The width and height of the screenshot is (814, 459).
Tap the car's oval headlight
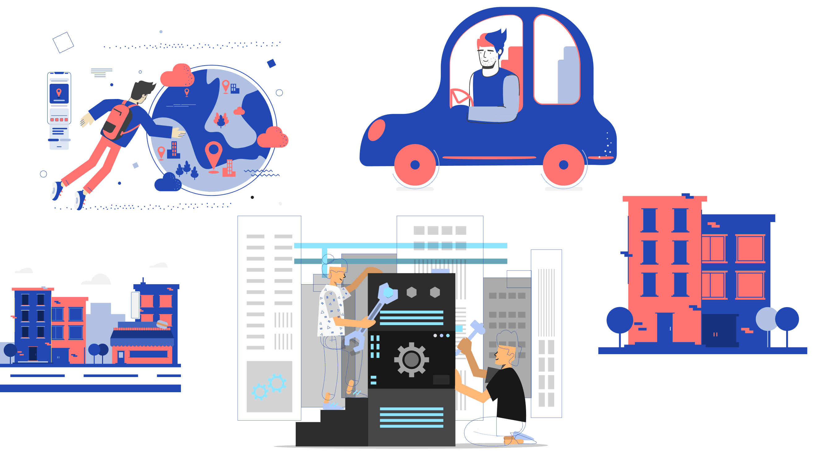376,130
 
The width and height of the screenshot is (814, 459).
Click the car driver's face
488,57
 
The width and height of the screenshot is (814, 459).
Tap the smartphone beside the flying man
59,111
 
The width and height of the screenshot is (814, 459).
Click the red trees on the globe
221,119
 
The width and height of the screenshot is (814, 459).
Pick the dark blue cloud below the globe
168,182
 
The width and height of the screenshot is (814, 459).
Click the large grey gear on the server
411,360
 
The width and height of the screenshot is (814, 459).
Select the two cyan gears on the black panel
269,387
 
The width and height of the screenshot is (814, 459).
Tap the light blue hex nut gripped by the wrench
388,292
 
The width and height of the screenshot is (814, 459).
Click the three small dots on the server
441,335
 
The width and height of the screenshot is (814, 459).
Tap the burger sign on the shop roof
162,324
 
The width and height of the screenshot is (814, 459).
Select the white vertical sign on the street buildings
135,305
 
